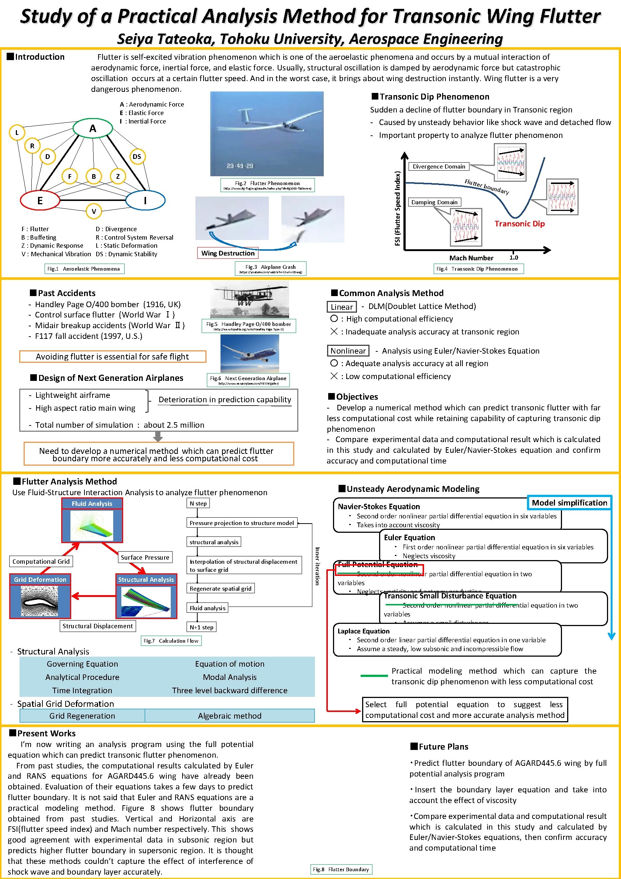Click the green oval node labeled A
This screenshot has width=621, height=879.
click(93, 128)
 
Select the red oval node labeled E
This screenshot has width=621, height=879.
click(40, 200)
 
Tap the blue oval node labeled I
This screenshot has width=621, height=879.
click(145, 200)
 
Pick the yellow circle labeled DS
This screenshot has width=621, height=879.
click(137, 156)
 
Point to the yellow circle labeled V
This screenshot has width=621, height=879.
click(94, 211)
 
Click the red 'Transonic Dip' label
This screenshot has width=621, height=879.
click(519, 223)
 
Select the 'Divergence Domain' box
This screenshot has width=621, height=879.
click(439, 167)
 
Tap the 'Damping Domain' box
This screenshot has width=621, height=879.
click(434, 202)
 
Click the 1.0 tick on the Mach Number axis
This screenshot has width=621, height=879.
click(513, 257)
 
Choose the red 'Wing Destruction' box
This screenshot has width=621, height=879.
click(228, 253)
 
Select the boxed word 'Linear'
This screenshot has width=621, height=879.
click(341, 307)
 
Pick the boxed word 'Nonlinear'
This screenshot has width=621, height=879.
click(348, 351)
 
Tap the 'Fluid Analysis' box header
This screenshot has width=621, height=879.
click(92, 503)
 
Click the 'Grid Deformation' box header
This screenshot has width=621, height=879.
click(40, 579)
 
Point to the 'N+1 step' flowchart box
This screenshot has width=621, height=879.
click(201, 627)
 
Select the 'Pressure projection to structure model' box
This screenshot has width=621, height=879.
click(242, 523)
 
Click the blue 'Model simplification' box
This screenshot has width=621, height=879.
click(569, 503)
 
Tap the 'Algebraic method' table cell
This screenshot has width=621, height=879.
click(229, 716)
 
